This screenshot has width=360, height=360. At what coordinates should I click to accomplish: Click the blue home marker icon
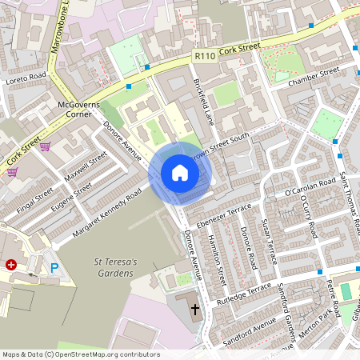point(180,173)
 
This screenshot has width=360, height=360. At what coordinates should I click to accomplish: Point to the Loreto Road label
point(26,76)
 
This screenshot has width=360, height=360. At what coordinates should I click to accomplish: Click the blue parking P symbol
point(54,269)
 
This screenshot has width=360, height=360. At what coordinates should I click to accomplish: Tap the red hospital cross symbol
point(11,264)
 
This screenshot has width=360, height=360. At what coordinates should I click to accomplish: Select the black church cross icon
point(194,307)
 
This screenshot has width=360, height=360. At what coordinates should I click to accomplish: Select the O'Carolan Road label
point(310,187)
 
